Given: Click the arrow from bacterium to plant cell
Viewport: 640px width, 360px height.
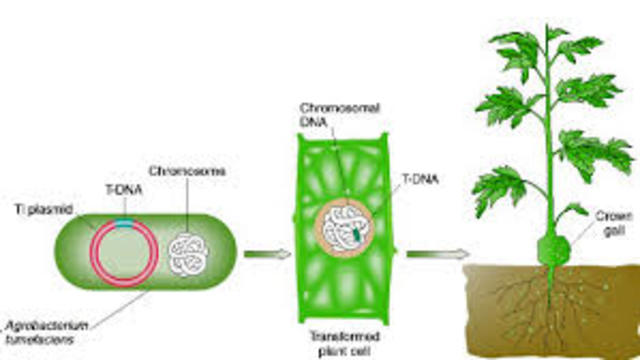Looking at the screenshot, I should [x=266, y=253].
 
